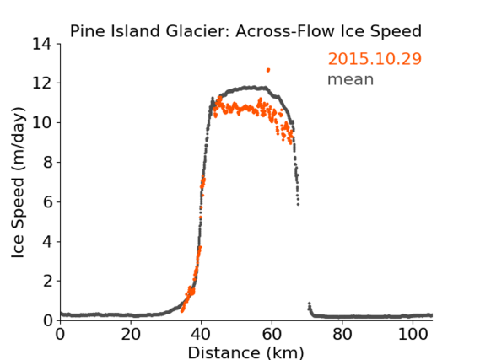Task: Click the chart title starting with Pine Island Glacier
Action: pyautogui.click(x=245, y=31)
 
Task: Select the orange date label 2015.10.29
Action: pyautogui.click(x=375, y=59)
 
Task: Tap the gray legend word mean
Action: pyautogui.click(x=351, y=79)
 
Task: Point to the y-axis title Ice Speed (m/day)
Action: pyautogui.click(x=18, y=182)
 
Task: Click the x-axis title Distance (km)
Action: pyautogui.click(x=245, y=352)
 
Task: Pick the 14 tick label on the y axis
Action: pyautogui.click(x=42, y=44)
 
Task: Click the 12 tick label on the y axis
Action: pyautogui.click(x=42, y=83)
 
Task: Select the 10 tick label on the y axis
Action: pyautogui.click(x=42, y=122)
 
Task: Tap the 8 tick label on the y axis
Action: pyautogui.click(x=47, y=162)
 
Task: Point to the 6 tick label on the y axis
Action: pyautogui.click(x=47, y=201)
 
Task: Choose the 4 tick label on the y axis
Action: pyautogui.click(x=47, y=242)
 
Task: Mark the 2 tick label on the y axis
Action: pyautogui.click(x=47, y=281)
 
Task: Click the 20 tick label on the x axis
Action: pyautogui.click(x=131, y=335)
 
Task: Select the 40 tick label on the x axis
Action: pyautogui.click(x=201, y=335)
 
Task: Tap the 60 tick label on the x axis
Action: pyautogui.click(x=272, y=335)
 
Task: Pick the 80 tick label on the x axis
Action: pyautogui.click(x=342, y=335)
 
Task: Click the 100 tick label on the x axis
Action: pyautogui.click(x=413, y=335)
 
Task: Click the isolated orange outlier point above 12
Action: pyautogui.click(x=268, y=70)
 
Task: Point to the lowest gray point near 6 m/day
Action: pyautogui.click(x=298, y=204)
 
